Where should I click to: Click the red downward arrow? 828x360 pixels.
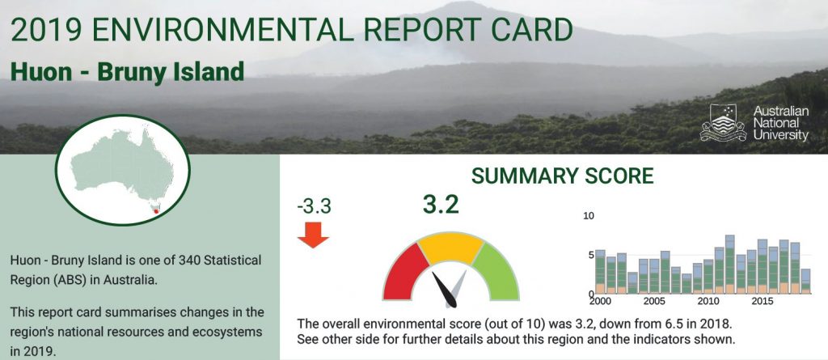(x=313, y=235)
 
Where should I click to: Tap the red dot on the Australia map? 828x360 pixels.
(x=156, y=211)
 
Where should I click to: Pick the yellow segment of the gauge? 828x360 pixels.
(x=450, y=248)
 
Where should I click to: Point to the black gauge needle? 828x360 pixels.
(x=444, y=289)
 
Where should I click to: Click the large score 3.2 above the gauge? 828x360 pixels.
(x=441, y=205)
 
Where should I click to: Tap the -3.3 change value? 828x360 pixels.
(x=315, y=206)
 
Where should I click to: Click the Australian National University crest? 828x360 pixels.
(x=723, y=123)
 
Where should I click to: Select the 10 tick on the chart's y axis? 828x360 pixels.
(x=589, y=216)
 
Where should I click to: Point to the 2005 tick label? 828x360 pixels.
(x=654, y=301)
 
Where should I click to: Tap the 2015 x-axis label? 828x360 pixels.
(x=762, y=301)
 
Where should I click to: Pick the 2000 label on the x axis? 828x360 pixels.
(x=599, y=301)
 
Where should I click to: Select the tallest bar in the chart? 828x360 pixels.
(x=730, y=265)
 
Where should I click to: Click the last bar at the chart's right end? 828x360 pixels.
(x=805, y=282)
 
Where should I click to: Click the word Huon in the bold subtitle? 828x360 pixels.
(x=41, y=72)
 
